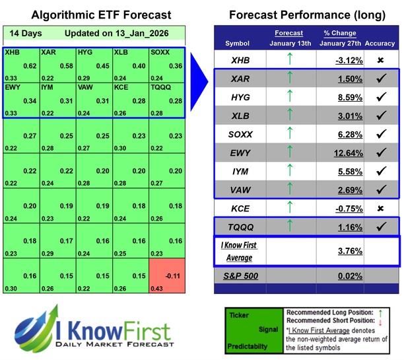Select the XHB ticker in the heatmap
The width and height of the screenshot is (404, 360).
[12, 51]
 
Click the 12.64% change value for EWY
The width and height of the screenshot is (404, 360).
[346, 155]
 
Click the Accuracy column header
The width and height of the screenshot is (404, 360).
[384, 44]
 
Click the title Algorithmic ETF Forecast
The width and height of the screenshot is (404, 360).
[92, 15]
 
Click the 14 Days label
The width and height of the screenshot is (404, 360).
[24, 34]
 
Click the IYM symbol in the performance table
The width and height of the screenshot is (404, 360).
[242, 173]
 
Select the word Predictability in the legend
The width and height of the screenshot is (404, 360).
[250, 345]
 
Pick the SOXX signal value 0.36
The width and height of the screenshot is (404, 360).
[176, 66]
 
